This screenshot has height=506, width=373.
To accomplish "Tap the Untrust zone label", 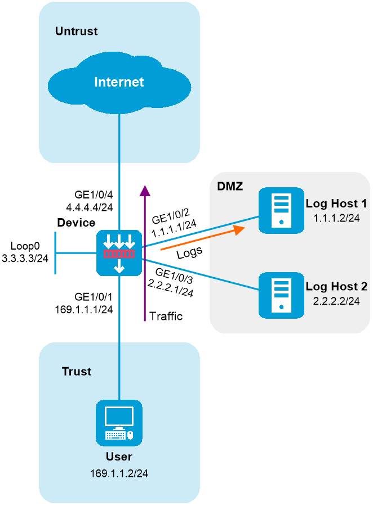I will pos(76,31).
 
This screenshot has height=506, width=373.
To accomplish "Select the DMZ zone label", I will pos(230,186).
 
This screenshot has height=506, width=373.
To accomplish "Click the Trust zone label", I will pos(77,372).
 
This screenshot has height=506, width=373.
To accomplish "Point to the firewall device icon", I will pos(119,253).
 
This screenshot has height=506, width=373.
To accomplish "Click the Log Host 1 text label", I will pos(336,204).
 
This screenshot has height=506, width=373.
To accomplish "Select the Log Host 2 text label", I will pos(336,287).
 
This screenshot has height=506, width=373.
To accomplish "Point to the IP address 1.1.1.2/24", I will pos(336,218).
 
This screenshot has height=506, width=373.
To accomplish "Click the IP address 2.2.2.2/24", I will pos(336,301).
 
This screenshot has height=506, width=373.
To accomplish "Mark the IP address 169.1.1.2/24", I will pos(119,473).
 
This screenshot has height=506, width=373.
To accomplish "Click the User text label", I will pos(119,457).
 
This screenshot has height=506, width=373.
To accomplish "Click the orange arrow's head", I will pos(241,229).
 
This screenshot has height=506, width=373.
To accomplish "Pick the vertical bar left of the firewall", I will pos(55,252).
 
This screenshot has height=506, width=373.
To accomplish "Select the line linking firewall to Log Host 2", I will pos(203,275).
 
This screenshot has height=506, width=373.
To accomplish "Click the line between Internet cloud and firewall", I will pos(119,169).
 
